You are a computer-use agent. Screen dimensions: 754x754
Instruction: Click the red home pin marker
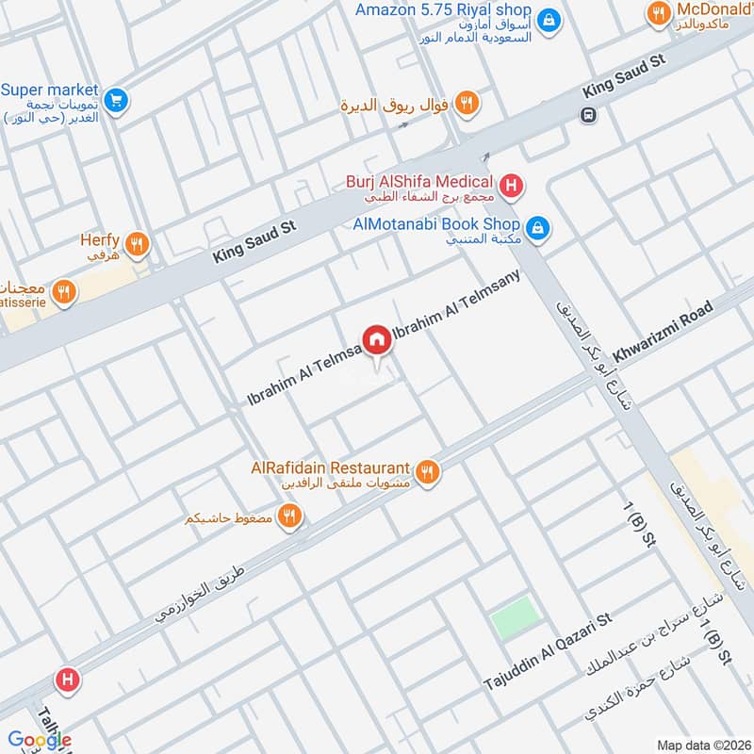tap(376, 339)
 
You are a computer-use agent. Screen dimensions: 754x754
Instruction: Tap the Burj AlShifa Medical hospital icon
tap(511, 186)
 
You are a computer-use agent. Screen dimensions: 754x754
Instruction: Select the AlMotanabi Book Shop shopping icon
tap(537, 226)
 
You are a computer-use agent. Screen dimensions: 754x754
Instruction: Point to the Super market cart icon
tap(116, 98)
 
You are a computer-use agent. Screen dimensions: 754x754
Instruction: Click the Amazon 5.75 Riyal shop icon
tap(549, 19)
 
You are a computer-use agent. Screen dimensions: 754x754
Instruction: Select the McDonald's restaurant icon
tap(658, 13)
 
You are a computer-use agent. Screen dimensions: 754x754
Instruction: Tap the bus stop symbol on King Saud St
tap(588, 115)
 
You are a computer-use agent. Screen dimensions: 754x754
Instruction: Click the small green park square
tap(516, 617)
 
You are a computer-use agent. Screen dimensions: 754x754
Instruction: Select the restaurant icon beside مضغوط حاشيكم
tap(290, 517)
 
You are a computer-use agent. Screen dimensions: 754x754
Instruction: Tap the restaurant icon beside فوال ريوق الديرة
tap(466, 104)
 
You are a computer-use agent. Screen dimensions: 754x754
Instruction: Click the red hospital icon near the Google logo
tap(65, 679)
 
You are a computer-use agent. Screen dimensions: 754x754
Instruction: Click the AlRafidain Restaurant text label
tap(331, 467)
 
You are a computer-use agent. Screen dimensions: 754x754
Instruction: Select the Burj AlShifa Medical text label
tap(421, 182)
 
